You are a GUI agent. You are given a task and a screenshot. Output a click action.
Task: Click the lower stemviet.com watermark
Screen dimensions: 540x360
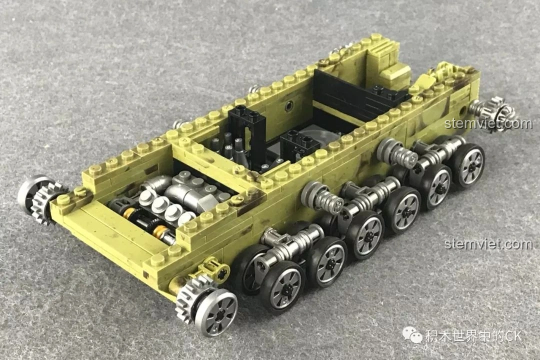point(488,244)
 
